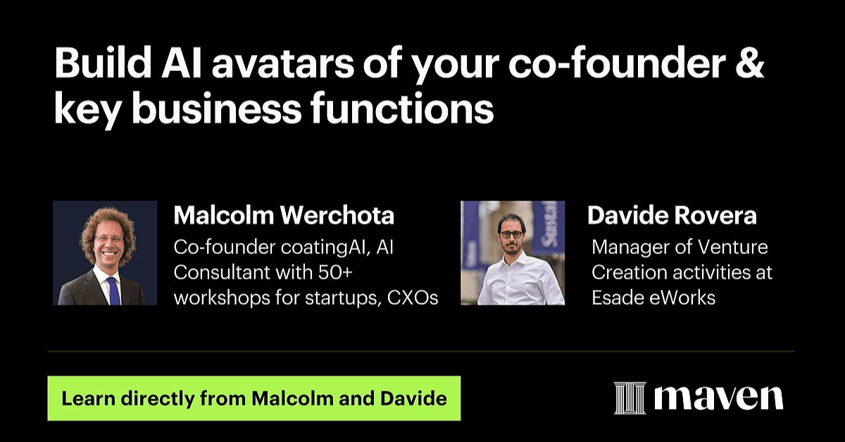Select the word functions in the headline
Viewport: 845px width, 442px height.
click(402, 108)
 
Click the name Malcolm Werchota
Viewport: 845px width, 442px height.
click(284, 215)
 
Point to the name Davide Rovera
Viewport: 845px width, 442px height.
click(672, 215)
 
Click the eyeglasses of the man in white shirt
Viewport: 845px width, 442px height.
click(511, 234)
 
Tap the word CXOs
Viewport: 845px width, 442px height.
click(413, 298)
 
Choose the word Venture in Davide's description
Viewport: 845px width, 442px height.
click(732, 248)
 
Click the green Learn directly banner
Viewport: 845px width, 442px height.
click(254, 398)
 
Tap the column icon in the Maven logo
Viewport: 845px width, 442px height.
click(630, 398)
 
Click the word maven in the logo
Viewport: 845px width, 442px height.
click(719, 398)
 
